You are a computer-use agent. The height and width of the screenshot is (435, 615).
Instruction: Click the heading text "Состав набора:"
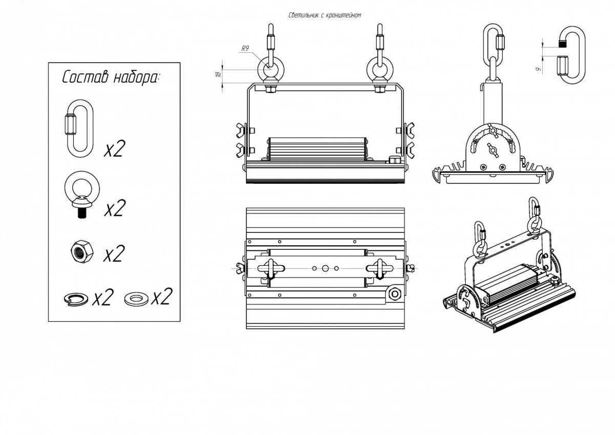pyautogui.click(x=111, y=78)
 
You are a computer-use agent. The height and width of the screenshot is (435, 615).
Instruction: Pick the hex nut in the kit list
pyautogui.click(x=81, y=252)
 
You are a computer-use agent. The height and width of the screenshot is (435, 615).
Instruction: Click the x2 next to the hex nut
pyautogui.click(x=114, y=254)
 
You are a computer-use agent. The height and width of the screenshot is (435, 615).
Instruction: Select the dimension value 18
pyautogui.click(x=218, y=75)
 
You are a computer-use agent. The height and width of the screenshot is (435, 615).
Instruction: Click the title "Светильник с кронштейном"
pyautogui.click(x=325, y=15)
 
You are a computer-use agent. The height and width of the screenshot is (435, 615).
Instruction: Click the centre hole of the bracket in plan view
pyautogui.click(x=324, y=268)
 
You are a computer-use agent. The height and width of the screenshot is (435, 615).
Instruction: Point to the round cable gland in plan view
pyautogui.click(x=395, y=294)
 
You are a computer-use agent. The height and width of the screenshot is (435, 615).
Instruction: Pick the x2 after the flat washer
pyautogui.click(x=161, y=297)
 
